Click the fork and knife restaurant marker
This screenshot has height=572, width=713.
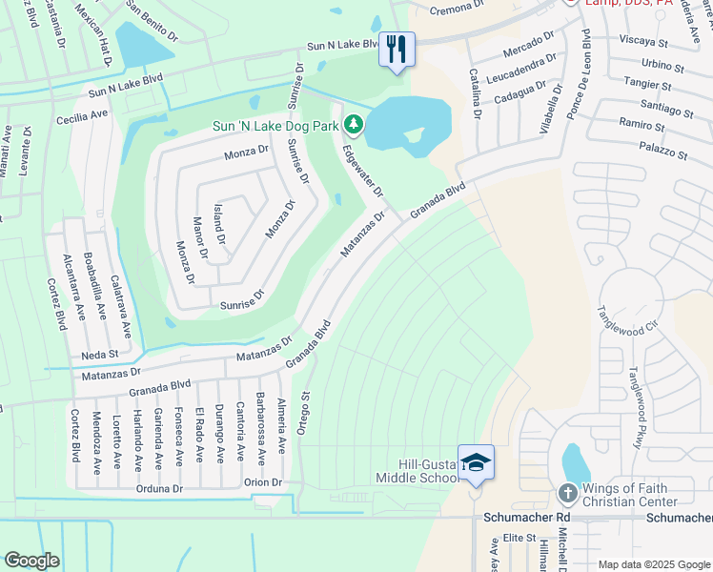(397, 49)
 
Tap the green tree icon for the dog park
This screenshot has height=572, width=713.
(354, 124)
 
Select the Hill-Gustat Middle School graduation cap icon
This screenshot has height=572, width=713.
(476, 463)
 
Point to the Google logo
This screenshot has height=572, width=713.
(32, 560)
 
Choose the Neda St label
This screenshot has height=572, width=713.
(99, 353)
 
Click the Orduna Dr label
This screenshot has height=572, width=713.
(158, 488)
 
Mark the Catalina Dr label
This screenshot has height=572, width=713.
(474, 92)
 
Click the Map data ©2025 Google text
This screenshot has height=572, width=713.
(653, 564)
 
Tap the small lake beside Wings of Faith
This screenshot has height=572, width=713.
(576, 464)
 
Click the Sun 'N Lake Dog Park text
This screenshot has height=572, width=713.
(276, 125)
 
